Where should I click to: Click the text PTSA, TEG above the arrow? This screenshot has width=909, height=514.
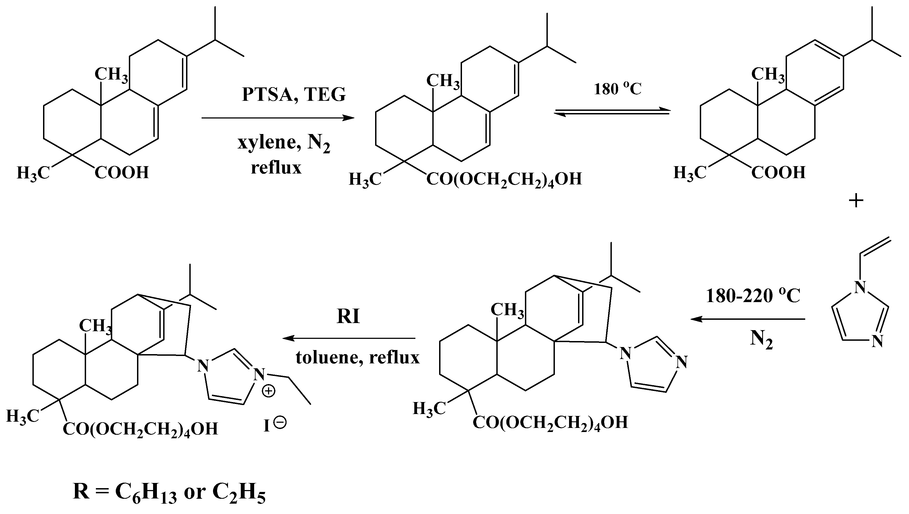294,94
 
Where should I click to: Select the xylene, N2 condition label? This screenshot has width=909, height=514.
284,143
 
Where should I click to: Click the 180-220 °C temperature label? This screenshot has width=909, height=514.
753,296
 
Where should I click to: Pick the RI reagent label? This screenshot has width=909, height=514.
348,316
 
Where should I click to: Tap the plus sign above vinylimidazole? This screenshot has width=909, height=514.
856,200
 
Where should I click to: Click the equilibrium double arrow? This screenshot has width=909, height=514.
612,112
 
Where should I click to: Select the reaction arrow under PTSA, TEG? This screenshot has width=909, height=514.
278,118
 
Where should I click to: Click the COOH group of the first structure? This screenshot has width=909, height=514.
122,173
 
